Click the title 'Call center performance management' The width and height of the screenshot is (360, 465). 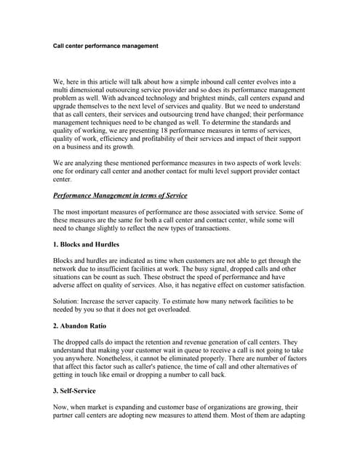105,46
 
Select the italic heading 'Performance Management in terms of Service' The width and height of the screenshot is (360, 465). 120,195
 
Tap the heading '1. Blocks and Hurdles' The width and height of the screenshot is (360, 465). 87,244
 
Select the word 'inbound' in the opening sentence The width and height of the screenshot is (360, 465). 219,82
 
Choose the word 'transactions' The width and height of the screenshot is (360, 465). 208,228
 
